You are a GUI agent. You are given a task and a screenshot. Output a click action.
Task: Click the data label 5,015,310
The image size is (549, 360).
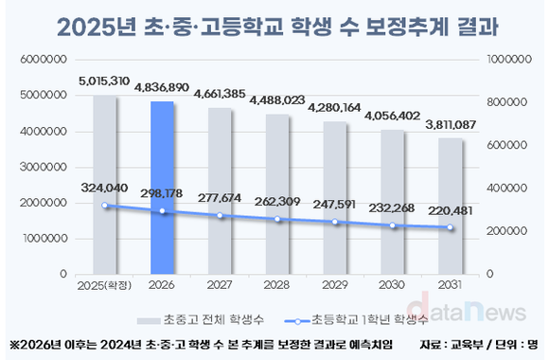pos(104,83)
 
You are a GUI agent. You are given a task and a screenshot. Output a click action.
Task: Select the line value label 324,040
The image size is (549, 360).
pos(104,188)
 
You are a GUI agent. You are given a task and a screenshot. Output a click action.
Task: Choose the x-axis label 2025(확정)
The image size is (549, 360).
pos(104,284)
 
